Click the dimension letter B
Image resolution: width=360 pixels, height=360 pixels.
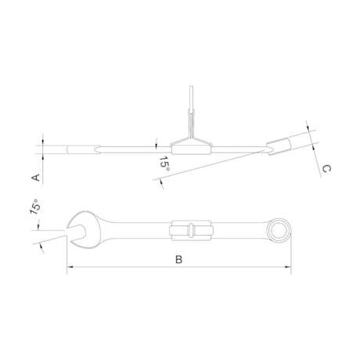point(178,259)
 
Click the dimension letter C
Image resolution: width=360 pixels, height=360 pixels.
point(326,168)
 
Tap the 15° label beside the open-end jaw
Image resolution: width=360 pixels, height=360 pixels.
point(34,207)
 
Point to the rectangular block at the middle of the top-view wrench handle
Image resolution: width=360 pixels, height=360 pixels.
point(191,230)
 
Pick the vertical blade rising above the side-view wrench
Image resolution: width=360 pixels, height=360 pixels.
point(191,110)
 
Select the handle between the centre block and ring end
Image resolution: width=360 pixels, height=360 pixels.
point(239,230)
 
